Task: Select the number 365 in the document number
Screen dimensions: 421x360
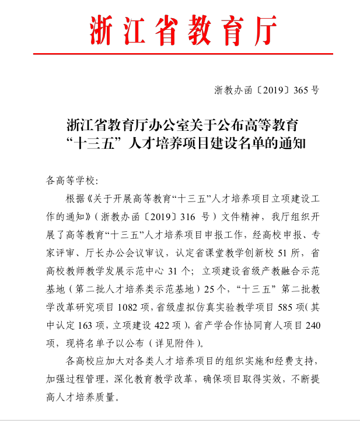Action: tap(301, 90)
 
